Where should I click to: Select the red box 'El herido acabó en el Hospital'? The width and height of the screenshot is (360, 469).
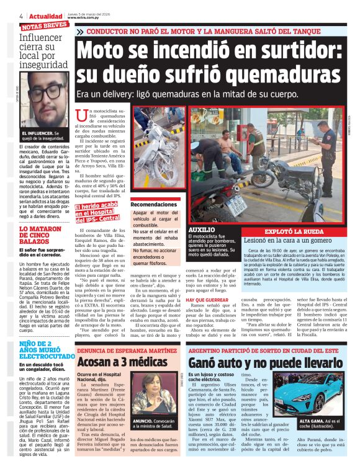pos(99,214)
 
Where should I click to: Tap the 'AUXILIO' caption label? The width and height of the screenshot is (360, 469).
pos(201,229)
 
